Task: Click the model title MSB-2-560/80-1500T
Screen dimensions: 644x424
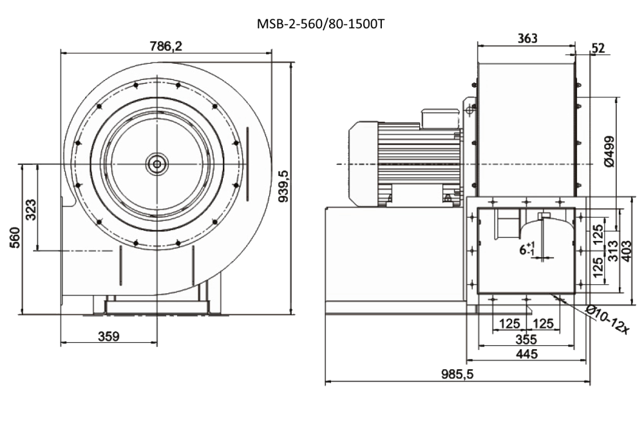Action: coord(321,24)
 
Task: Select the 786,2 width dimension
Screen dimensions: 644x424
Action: coord(166,46)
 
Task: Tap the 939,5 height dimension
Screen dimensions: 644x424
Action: coord(284,187)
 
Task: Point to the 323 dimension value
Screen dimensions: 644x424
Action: coord(31,209)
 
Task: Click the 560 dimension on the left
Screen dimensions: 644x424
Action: coord(15,238)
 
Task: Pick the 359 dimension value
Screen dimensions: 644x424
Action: coord(109,336)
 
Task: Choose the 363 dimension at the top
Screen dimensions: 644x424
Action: coord(527,38)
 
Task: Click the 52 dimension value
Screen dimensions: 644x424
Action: coord(598,48)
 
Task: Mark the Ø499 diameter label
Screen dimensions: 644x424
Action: coord(609,151)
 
